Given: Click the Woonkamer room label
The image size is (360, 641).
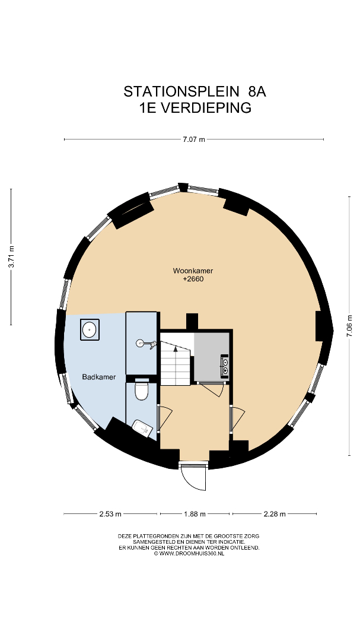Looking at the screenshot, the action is point(193,271).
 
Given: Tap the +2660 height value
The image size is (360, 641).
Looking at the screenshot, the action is point(193,280).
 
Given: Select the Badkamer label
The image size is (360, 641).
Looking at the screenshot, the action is point(99,377).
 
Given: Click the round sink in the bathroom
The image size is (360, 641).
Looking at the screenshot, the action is point(90,329).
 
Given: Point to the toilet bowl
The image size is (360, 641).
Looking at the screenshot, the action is point(141,391).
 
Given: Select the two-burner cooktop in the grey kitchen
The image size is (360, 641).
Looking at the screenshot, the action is point(225,364).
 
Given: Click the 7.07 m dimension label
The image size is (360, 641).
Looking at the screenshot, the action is point(194,139).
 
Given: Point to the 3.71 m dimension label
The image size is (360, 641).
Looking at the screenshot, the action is point(11,257).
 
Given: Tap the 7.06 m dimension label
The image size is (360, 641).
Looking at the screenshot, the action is point(349,326).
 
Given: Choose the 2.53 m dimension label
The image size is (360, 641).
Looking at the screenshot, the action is point(110,514).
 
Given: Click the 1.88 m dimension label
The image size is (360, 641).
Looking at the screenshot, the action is point(195,514).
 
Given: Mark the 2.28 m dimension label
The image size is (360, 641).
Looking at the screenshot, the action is point(274,514).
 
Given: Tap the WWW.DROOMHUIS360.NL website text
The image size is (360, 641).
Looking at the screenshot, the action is point(189,554).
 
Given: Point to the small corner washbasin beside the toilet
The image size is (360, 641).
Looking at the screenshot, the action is point(142,427).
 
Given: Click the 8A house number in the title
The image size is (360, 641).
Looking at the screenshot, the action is point(257,91).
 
